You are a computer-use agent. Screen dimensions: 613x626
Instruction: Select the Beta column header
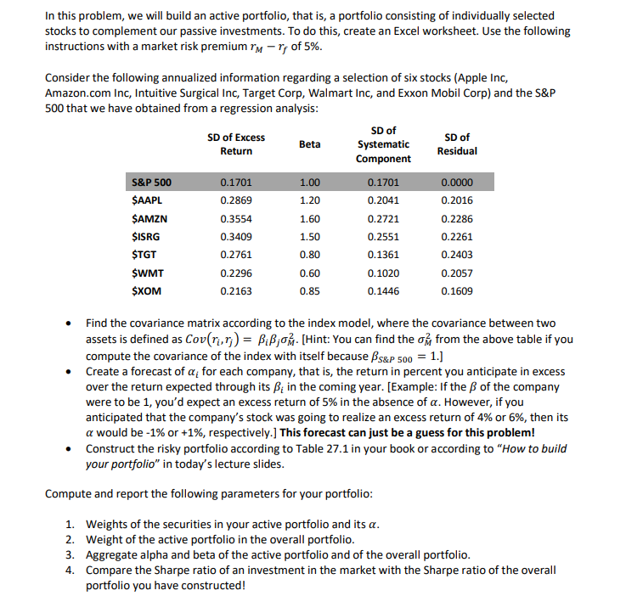pos(310,144)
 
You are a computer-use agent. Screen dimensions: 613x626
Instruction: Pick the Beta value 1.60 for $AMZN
pos(310,218)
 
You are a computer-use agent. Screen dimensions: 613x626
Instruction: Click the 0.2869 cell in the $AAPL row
pos(235,200)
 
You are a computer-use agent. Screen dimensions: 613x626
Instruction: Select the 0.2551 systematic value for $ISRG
pos(383,237)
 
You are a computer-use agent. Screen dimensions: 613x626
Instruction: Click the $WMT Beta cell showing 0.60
pos(310,273)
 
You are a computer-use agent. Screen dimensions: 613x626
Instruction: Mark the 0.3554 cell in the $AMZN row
pos(235,218)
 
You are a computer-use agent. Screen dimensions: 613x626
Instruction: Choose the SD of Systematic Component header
pos(383,144)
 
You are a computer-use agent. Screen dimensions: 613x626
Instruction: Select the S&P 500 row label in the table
pos(152,182)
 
